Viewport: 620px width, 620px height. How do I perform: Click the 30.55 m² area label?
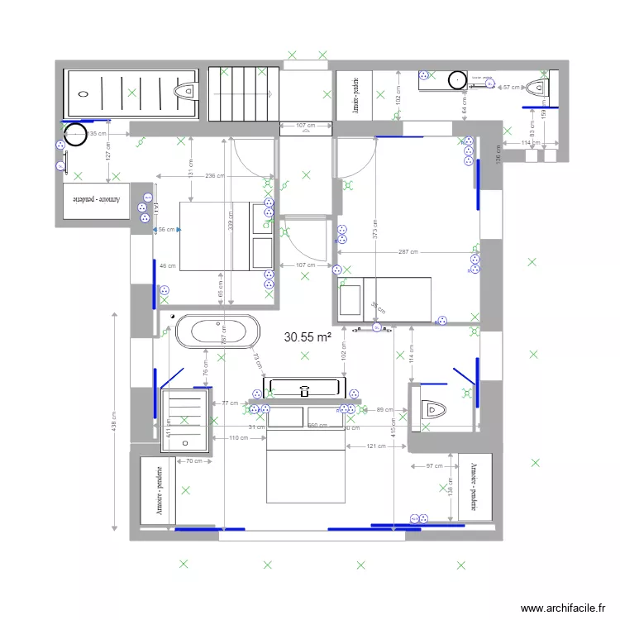coord(308,337)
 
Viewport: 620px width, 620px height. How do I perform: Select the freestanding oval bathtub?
coord(217,332)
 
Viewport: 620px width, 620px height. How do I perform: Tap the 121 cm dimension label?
coord(377,446)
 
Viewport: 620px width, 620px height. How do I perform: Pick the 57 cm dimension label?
coord(513,86)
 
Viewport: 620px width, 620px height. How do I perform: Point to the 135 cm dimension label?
coord(96,133)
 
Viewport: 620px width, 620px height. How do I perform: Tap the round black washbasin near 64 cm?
coord(457,79)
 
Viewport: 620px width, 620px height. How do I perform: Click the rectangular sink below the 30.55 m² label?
coord(305,387)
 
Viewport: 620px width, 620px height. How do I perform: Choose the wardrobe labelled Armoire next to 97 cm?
coord(475,487)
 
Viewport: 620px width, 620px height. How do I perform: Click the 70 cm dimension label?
coord(193,460)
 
